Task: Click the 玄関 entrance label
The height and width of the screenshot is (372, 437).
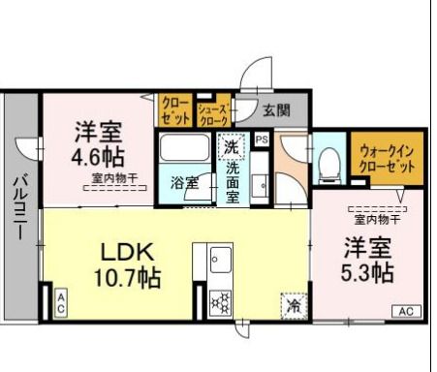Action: [275, 109]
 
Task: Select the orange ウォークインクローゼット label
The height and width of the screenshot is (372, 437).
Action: [387, 159]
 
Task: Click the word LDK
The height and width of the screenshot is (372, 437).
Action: [124, 250]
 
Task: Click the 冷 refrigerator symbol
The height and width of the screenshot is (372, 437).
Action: [293, 305]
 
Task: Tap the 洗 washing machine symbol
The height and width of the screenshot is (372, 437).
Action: [231, 147]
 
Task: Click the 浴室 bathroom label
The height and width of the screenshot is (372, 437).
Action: [184, 182]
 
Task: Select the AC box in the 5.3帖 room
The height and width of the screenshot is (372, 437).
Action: [405, 311]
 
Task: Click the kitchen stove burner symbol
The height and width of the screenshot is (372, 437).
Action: [219, 299]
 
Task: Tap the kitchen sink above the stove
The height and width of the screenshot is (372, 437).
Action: [219, 260]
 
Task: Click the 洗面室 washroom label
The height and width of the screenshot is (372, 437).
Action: [234, 181]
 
